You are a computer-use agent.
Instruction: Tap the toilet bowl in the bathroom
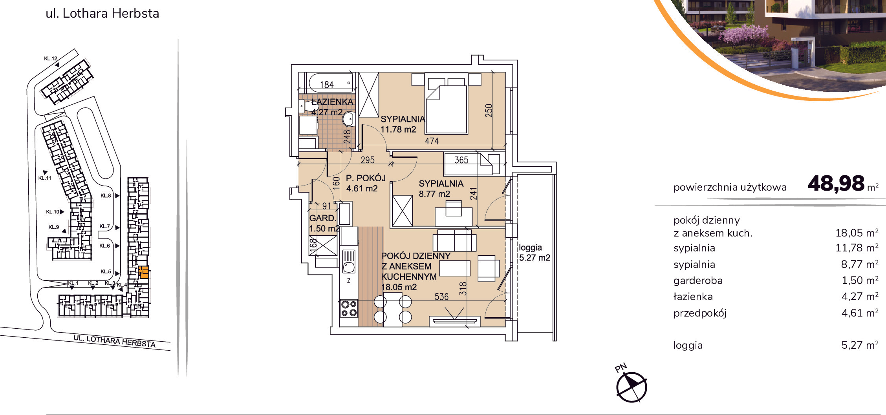348,118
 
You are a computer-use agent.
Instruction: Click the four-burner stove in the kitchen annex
349,308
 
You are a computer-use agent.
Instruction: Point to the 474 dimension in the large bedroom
432,141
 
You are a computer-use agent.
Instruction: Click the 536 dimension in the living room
441,297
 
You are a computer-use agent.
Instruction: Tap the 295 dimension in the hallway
368,160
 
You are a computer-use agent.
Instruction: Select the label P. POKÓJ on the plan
366,178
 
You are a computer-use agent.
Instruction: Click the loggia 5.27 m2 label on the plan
535,253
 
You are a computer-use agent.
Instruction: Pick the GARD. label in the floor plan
323,218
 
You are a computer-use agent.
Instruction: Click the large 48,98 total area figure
836,184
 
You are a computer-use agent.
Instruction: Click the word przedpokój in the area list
700,313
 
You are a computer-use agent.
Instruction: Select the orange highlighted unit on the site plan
144,272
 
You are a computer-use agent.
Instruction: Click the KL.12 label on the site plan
51,58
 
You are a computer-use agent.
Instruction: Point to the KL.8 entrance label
106,195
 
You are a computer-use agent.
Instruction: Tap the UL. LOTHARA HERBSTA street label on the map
115,341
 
